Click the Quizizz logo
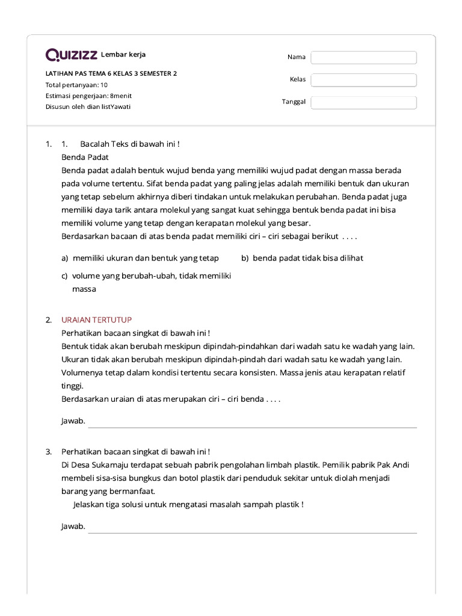tap(72, 55)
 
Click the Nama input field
tap(363, 57)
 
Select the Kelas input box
tap(363, 80)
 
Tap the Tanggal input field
tap(363, 102)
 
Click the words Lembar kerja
tap(123, 55)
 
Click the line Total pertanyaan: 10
tap(76, 85)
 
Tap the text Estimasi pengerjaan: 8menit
tap(87, 96)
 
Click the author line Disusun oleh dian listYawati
tap(88, 106)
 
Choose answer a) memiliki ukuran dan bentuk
tap(140, 258)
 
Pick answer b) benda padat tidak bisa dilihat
tap(302, 258)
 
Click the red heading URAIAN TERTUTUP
tap(96, 319)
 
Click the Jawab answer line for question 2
tap(252, 423)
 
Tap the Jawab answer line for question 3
tap(252, 529)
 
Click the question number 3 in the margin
tap(48, 451)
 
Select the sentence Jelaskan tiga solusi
tap(188, 504)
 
